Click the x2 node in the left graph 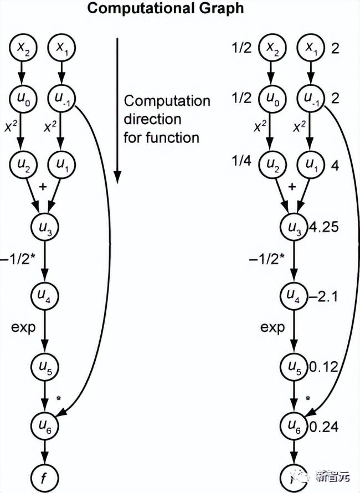pos(23,49)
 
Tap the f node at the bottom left pos(45,475)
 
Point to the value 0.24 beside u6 pos(324,428)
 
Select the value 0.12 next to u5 pos(324,366)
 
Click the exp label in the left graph pos(23,327)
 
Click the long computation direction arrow pos(117,111)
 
